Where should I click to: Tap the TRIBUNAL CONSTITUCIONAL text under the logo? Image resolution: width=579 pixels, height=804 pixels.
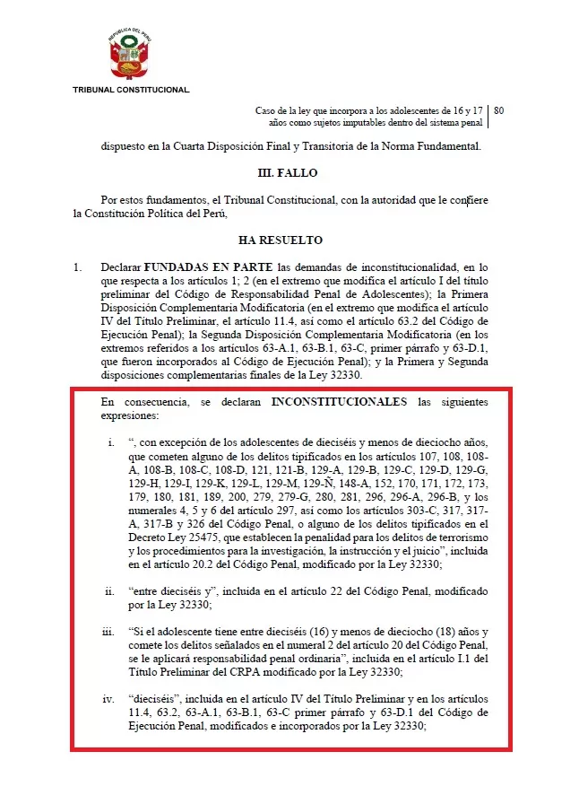pyautogui.click(x=131, y=90)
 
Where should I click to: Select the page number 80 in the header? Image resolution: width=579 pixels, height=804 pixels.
pyautogui.click(x=498, y=110)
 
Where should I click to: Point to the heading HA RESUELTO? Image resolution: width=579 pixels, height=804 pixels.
pyautogui.click(x=281, y=240)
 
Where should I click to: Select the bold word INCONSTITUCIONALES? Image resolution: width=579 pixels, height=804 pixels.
pyautogui.click(x=339, y=400)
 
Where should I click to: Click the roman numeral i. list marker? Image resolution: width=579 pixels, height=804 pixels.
pyautogui.click(x=110, y=441)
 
